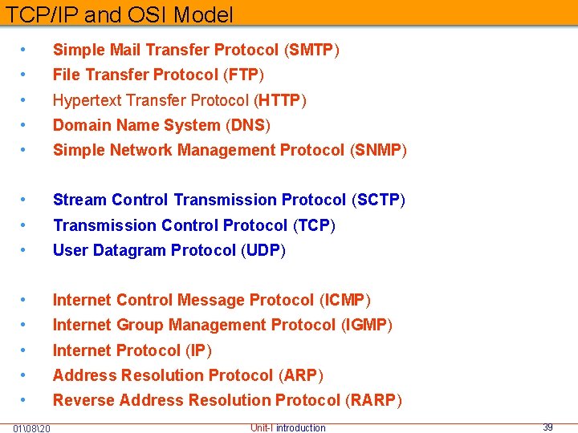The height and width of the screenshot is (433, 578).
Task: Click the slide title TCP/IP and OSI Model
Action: tap(120, 14)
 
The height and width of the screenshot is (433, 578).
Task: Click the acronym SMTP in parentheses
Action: tap(311, 50)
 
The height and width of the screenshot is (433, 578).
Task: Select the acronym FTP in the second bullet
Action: tap(244, 75)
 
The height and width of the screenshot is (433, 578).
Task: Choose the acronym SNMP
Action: tap(379, 150)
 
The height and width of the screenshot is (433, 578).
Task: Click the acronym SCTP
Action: tap(378, 200)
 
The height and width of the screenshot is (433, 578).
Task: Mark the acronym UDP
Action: tap(263, 250)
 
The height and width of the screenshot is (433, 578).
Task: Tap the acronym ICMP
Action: tap(344, 300)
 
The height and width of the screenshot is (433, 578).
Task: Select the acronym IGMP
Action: tap(366, 325)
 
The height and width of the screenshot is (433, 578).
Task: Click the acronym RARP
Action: tap(374, 399)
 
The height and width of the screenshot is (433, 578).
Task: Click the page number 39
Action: tap(547, 427)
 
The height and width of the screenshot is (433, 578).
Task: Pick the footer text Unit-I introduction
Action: tap(288, 427)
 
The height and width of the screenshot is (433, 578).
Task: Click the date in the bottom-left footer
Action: tap(32, 427)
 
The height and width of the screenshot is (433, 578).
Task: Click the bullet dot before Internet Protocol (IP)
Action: tap(26, 350)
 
